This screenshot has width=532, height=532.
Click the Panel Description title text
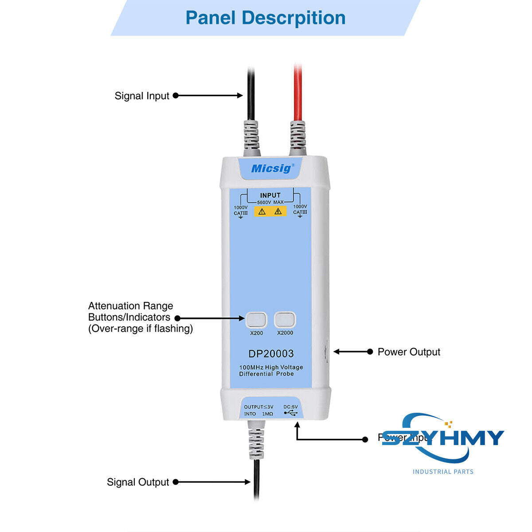265,18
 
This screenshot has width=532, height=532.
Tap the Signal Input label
142,96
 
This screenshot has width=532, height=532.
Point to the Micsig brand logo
271,168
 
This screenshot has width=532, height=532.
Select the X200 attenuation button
256,320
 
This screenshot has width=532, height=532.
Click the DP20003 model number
271,354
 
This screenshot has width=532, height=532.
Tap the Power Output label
409,352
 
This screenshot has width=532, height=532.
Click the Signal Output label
138,482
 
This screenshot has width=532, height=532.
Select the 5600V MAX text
270,202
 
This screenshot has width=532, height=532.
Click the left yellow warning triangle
262,211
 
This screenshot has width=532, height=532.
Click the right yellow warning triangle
278,211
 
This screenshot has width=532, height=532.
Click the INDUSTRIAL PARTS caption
443,472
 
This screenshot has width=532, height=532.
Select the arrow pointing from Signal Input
208,95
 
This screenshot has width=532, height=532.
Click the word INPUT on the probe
270,195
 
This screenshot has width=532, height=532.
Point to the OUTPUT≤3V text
258,407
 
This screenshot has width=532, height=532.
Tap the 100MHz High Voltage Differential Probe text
271,371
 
